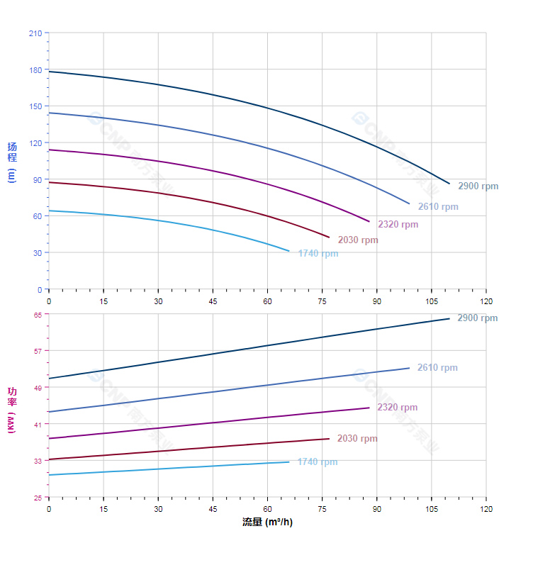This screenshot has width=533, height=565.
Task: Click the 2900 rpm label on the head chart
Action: (478, 186)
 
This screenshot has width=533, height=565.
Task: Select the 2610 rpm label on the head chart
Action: (438, 207)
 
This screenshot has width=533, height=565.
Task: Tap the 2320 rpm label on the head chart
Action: (398, 225)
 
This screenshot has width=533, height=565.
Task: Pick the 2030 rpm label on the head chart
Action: (358, 240)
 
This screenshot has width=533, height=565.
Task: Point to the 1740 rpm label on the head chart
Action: (318, 254)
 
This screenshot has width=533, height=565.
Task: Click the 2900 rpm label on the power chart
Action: (478, 318)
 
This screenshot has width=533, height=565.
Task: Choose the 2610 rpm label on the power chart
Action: (437, 368)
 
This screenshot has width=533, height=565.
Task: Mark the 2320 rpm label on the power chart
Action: (397, 408)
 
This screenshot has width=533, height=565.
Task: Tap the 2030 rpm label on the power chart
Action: (357, 439)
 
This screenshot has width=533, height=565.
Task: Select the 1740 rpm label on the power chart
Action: (318, 462)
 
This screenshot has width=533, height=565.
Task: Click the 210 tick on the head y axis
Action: (35, 33)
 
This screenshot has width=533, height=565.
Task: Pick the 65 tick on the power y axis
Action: (38, 315)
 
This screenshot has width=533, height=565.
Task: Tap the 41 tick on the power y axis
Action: (38, 424)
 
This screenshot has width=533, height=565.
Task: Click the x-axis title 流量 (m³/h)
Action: (267, 522)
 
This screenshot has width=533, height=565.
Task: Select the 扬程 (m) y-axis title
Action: (12, 162)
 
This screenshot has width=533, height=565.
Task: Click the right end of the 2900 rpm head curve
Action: (449, 184)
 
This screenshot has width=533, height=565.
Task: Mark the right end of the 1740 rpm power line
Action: (289, 462)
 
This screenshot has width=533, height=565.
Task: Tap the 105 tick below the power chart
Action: (431, 509)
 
